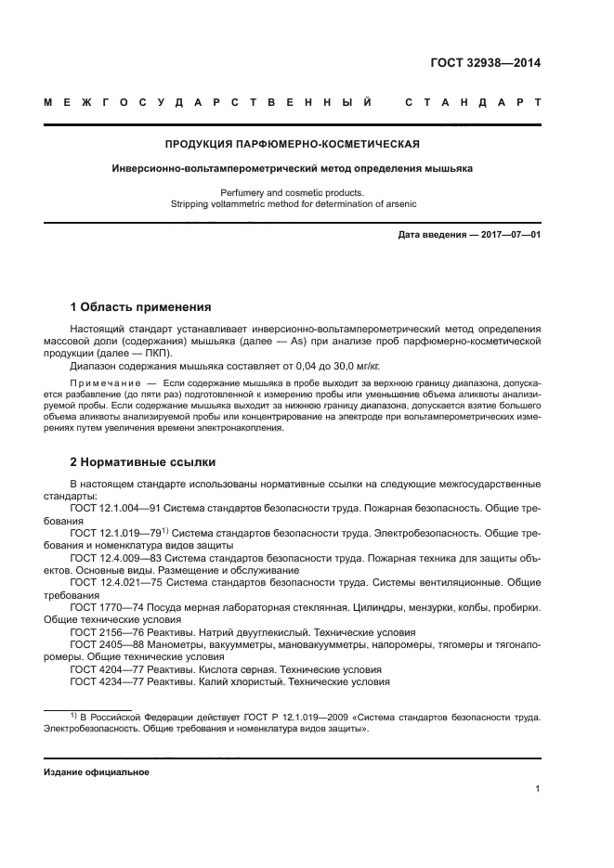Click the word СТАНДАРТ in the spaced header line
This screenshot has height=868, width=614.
[473, 101]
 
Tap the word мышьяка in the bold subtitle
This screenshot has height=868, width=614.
[443, 170]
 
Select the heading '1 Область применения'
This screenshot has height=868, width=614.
[141, 307]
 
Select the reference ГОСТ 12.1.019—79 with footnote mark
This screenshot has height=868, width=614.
[121, 533]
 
